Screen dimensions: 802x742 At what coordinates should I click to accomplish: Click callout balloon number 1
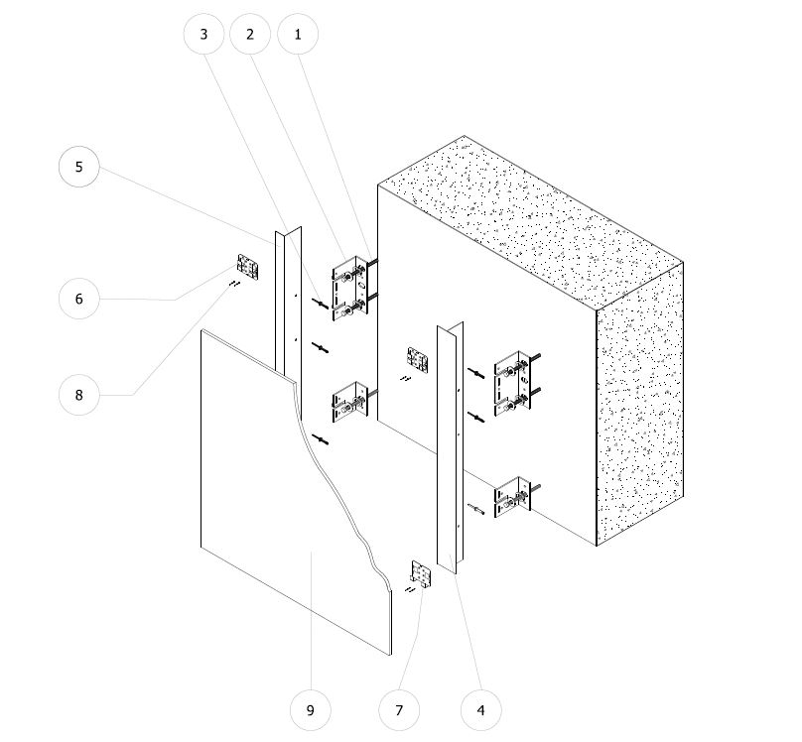[298, 35]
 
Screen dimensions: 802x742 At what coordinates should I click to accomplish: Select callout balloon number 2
[250, 35]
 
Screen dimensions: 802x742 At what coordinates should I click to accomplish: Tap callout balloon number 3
[203, 35]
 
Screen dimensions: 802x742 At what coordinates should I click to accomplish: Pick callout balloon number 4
[480, 710]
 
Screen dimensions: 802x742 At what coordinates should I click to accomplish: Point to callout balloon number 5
[78, 167]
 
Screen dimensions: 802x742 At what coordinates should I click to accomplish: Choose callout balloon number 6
[78, 299]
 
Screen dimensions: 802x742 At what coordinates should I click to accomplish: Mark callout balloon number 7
[399, 710]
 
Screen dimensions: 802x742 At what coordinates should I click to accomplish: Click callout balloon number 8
[78, 395]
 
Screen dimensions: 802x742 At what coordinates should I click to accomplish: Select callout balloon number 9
[310, 710]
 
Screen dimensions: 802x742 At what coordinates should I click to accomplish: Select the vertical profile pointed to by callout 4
[449, 449]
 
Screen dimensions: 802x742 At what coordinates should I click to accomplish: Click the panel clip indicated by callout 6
[247, 267]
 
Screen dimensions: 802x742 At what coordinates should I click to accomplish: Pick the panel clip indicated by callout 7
[421, 574]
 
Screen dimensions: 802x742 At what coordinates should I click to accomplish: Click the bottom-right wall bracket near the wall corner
[513, 497]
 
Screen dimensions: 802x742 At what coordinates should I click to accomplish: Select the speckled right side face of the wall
[640, 404]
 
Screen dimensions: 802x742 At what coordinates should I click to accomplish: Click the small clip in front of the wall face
[418, 360]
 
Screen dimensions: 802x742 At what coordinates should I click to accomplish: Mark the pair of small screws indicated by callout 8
[235, 284]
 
